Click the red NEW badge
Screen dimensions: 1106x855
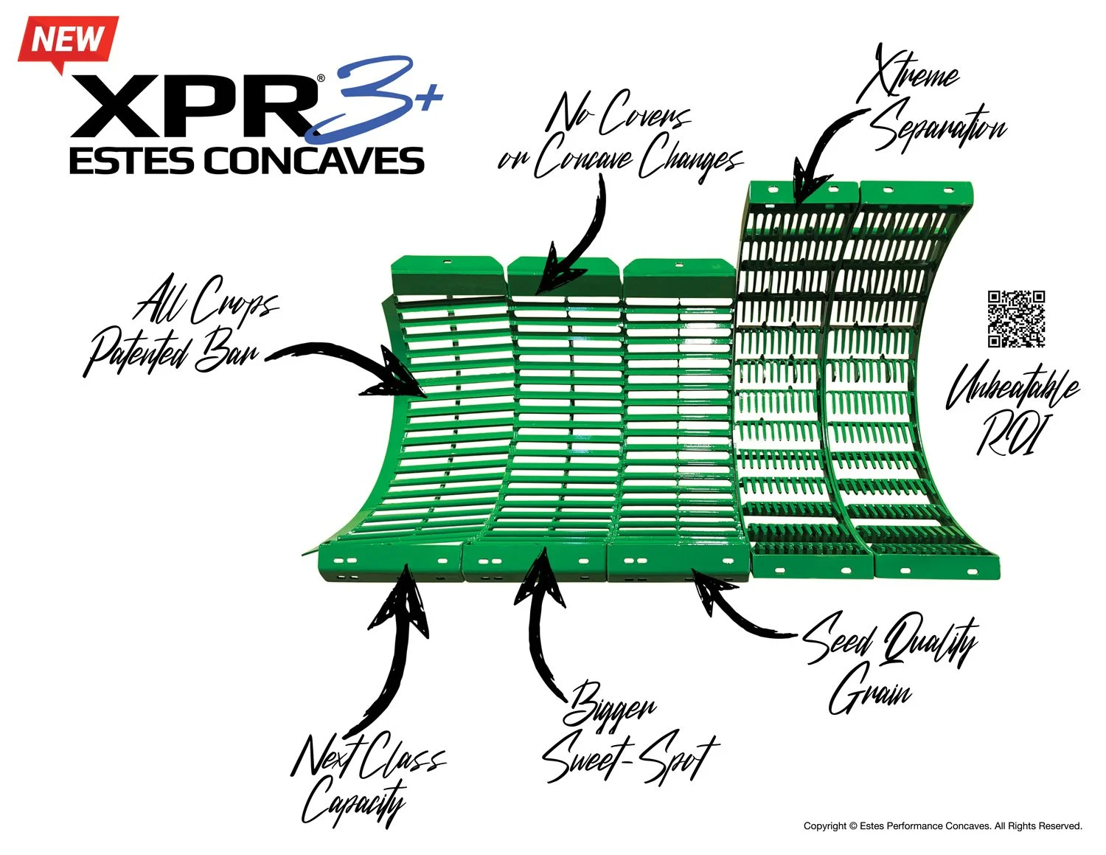pos(67,41)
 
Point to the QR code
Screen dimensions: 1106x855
pos(1016,318)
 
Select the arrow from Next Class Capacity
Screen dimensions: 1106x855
pos(398,642)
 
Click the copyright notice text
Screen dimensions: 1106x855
pos(942,826)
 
